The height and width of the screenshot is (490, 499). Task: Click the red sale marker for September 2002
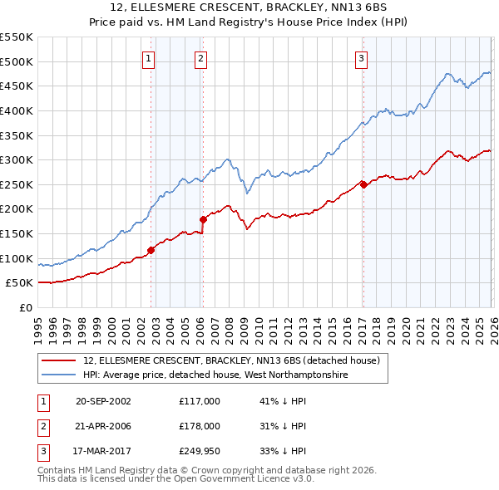(151, 249)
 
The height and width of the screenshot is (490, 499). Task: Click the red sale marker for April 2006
(203, 219)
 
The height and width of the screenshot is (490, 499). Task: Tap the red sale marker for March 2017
(363, 184)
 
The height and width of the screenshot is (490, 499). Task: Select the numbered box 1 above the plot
(148, 58)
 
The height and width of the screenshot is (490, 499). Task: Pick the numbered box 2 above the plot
(201, 58)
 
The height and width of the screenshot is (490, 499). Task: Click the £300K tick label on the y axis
(17, 159)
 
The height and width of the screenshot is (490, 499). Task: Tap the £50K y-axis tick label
(20, 283)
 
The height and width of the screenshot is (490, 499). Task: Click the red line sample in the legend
(60, 360)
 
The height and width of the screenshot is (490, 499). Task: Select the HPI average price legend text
(215, 375)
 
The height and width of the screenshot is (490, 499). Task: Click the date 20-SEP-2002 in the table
(103, 401)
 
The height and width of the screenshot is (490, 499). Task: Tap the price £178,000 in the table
(200, 426)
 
